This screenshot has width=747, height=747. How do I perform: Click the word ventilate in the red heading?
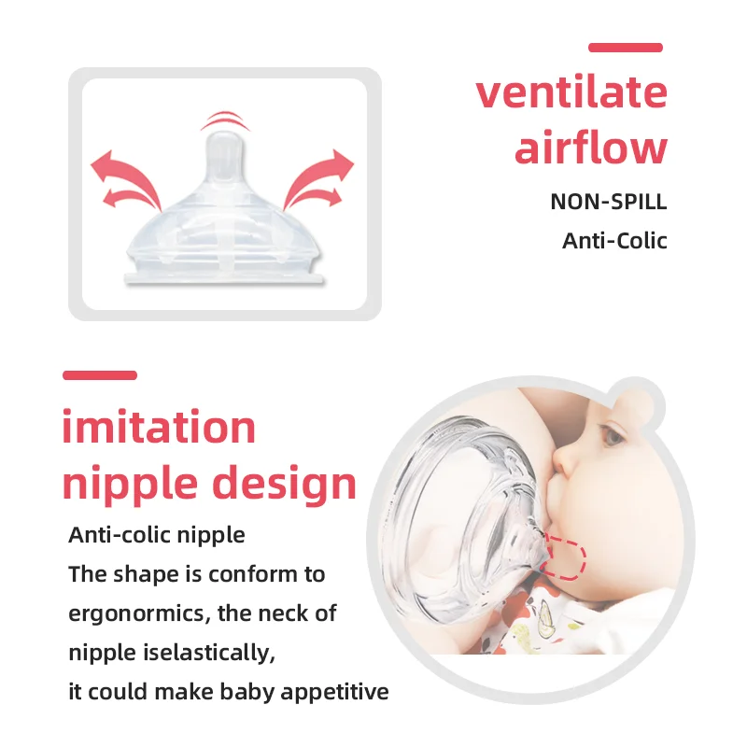(571, 92)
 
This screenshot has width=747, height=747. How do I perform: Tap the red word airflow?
(591, 148)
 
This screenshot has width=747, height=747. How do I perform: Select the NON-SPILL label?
(609, 202)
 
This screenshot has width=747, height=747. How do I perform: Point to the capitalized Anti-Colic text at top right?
(614, 241)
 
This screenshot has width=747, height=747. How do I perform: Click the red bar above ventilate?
(625, 48)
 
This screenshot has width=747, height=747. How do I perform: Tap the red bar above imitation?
(100, 375)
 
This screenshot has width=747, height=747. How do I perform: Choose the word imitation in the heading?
(159, 428)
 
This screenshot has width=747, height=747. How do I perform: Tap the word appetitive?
(328, 693)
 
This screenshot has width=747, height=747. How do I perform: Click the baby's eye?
(614, 435)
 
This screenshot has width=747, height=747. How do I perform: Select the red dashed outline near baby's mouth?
(565, 557)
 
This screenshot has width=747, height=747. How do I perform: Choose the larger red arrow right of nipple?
(321, 174)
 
